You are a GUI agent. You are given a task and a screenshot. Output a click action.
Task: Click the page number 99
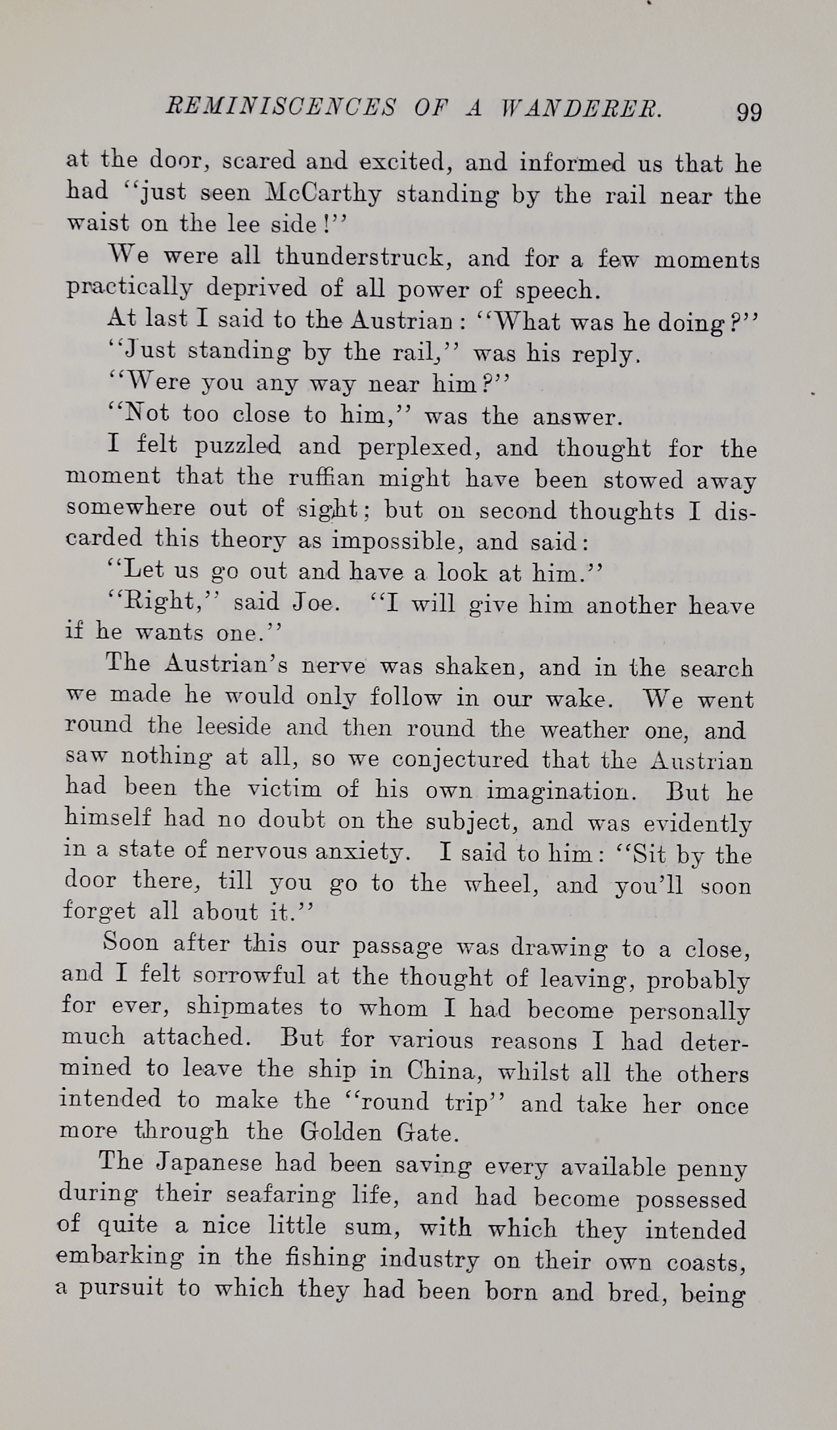pos(749,112)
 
